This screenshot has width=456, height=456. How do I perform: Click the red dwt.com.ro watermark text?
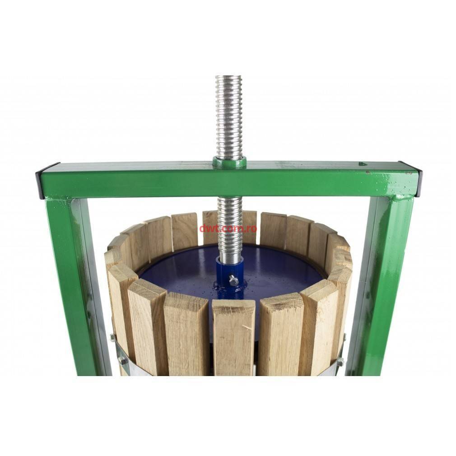(x=228, y=228)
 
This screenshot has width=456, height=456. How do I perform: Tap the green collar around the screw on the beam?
(x=229, y=162)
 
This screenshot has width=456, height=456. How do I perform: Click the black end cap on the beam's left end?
(x=39, y=183)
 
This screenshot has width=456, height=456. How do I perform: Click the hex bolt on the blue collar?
(x=233, y=279)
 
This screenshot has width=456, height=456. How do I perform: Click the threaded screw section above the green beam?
(x=228, y=116)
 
